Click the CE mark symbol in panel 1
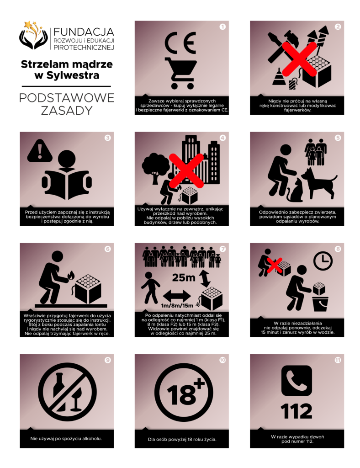pos(180,43)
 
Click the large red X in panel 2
pos(299,59)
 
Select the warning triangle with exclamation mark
pos(40,151)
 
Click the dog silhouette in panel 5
pos(319,183)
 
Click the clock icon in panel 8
pos(323,261)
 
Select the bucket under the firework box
pos(320,304)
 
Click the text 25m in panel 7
pos(184,278)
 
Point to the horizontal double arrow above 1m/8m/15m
pos(177,296)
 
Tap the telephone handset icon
pos(296,381)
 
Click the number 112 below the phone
pos(296,411)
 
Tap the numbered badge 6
pos(108,249)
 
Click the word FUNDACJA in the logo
pos(84,32)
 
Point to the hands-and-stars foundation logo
pos(33,35)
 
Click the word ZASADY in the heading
pos(67,111)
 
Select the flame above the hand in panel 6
pos(71,275)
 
